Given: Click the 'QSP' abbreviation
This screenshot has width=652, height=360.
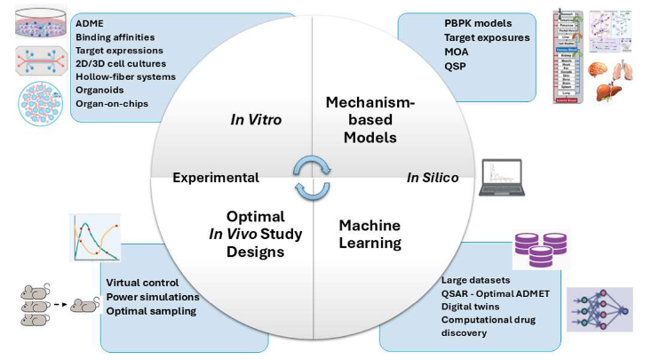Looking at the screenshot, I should point(456,65).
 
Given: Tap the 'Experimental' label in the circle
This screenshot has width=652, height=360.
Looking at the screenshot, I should point(216,177).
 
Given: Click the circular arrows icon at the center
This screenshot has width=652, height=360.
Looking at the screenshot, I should point(313,175).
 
